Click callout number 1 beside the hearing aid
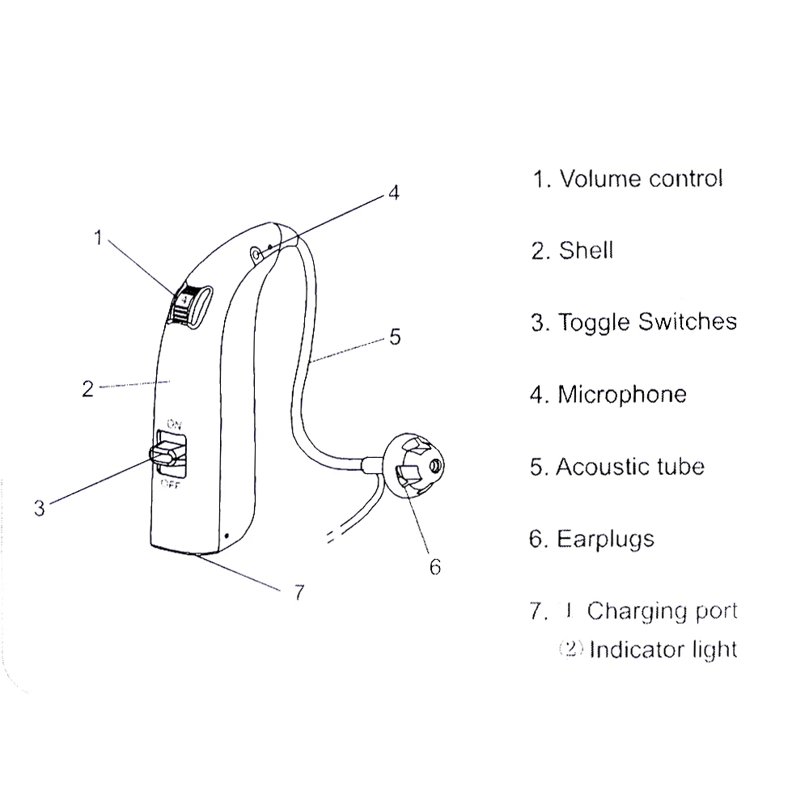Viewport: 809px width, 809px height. point(98,238)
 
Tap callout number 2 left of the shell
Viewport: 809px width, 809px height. point(88,388)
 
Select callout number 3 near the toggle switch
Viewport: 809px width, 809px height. point(40,508)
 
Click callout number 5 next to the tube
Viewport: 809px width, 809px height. point(394,336)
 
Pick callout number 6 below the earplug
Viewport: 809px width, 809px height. point(434,567)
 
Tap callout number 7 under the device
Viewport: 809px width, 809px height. point(298,593)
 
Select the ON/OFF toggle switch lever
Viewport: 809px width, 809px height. point(167,455)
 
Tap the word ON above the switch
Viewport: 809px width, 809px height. point(173,423)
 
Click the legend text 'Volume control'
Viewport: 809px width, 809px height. point(640,178)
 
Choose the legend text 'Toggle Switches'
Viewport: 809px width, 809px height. point(646,322)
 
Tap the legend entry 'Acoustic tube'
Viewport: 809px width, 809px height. point(629,466)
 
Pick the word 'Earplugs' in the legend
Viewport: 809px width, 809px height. point(605,538)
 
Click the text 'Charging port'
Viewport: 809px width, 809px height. point(662,611)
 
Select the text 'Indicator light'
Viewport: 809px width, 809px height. point(663,649)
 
